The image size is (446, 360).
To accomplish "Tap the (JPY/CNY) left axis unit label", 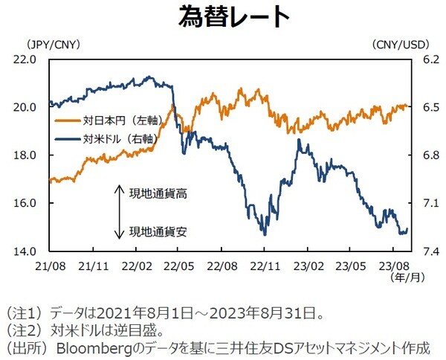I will pos(53,45).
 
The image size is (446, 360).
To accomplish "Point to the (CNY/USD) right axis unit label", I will pos(399,45).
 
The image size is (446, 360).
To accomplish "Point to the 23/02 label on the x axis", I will pos(306,265).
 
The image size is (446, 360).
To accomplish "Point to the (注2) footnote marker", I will pos(22,329).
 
